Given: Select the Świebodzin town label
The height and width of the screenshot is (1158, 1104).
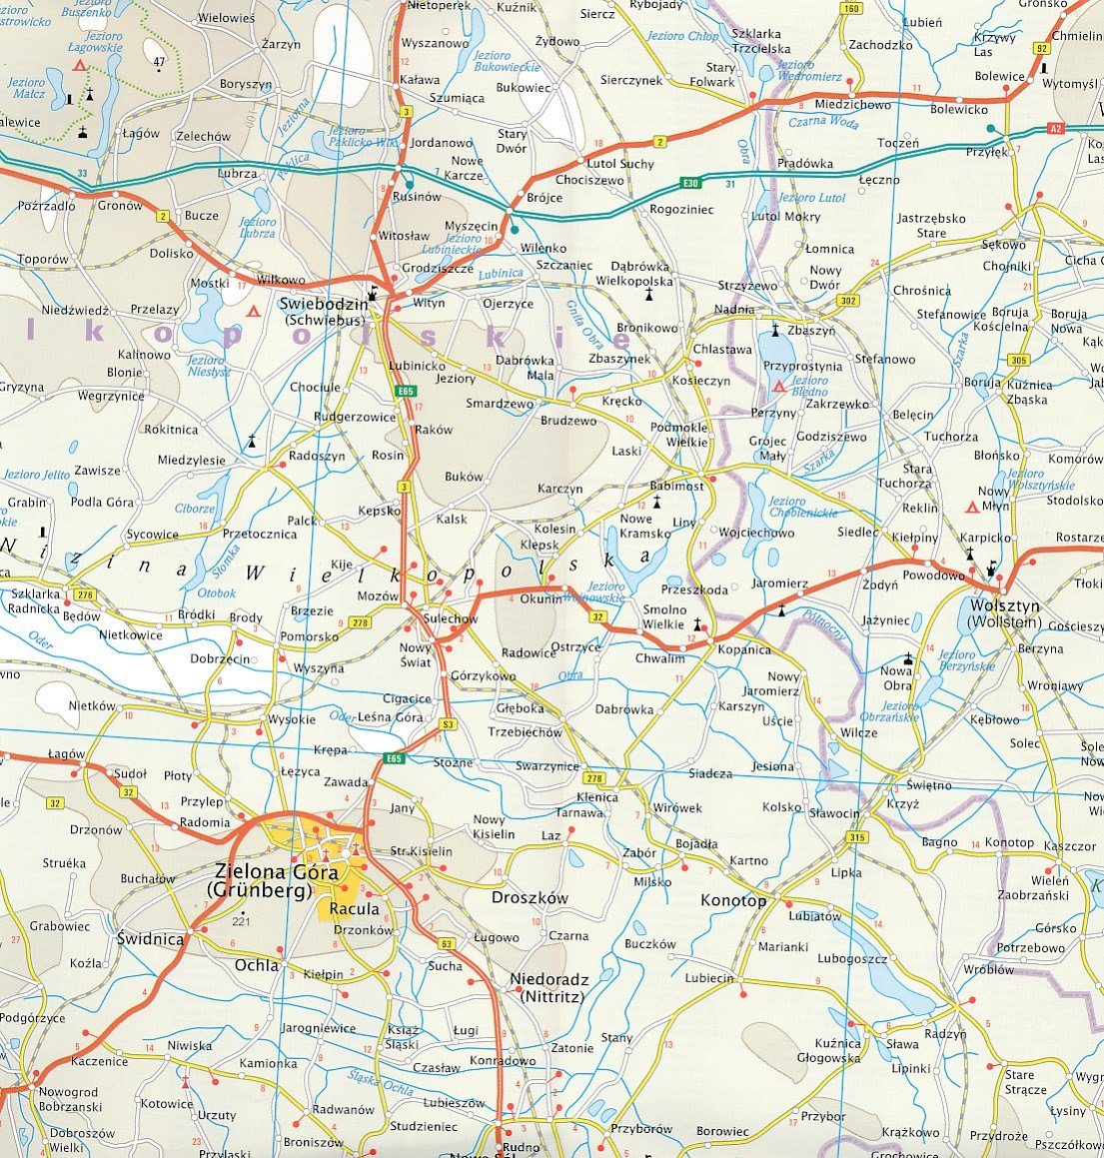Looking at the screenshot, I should click(313, 304).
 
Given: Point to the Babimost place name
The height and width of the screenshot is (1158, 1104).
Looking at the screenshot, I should click(676, 486).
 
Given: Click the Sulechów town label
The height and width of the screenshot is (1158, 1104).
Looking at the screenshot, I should click(451, 618).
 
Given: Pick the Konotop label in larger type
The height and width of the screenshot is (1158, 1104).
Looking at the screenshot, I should click(733, 900).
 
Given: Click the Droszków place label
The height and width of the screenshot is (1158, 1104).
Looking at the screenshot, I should click(530, 897).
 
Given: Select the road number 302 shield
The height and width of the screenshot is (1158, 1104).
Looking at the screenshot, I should click(849, 300).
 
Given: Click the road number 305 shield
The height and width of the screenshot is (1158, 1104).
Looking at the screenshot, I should click(1018, 360).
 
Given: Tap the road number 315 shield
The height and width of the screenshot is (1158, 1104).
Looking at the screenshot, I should click(855, 837).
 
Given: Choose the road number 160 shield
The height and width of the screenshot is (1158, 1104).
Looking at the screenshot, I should click(850, 9).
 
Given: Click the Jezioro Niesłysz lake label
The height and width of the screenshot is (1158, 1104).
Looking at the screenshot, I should click(207, 365).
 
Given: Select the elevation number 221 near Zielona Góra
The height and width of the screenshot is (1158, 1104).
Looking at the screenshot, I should click(239, 919).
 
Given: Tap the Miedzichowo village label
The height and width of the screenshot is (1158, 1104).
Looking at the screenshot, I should click(852, 105).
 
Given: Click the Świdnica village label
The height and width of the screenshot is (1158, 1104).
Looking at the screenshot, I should click(150, 939).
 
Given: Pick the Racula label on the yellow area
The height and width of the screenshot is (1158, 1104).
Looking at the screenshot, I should click(355, 909).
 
